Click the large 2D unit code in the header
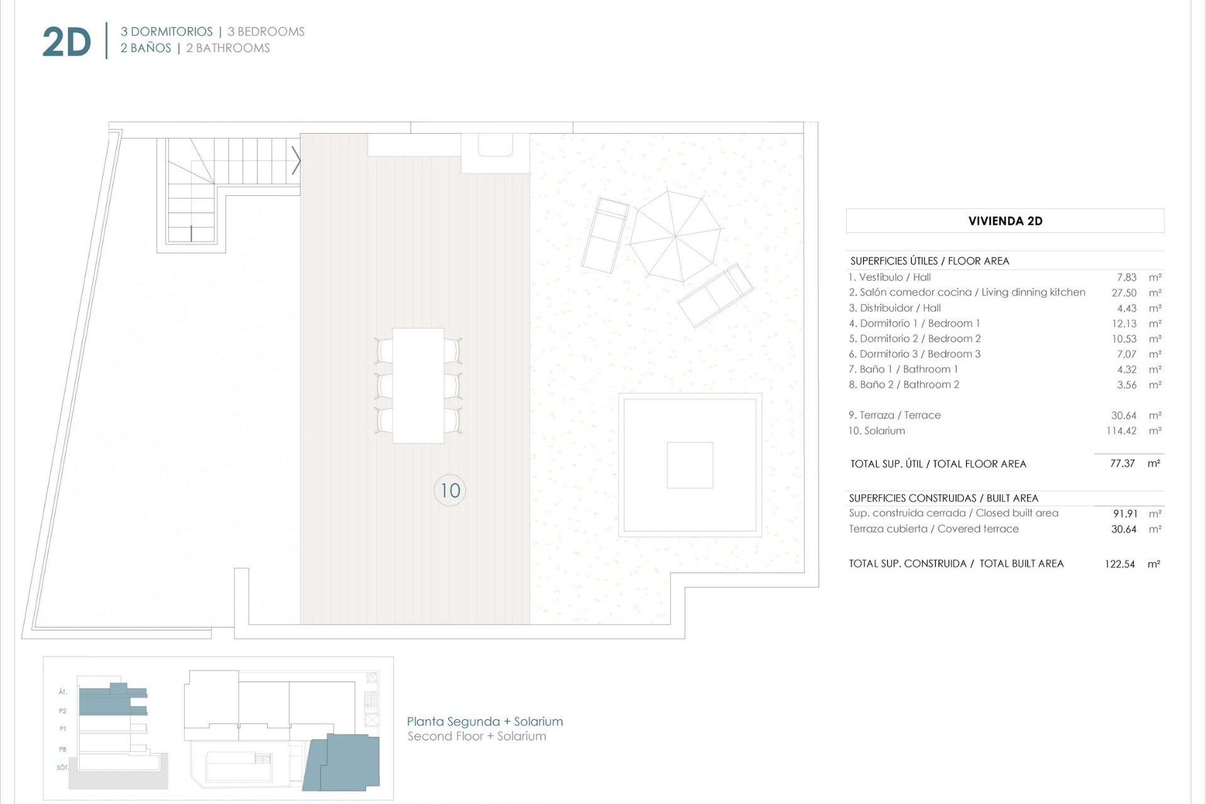67,43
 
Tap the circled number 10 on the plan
450,490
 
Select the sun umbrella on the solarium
675,236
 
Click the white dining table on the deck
418,385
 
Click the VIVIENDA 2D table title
1005,221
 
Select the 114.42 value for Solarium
1121,431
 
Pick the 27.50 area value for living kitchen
1124,293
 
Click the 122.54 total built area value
1119,564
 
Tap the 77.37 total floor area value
1122,464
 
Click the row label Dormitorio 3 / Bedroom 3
914,354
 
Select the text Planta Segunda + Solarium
484,722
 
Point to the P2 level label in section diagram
63,711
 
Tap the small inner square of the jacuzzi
690,465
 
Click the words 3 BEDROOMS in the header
266,31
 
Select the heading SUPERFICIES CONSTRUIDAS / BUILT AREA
943,498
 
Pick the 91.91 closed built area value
1124,514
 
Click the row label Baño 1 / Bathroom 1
903,369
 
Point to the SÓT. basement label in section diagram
62,767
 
